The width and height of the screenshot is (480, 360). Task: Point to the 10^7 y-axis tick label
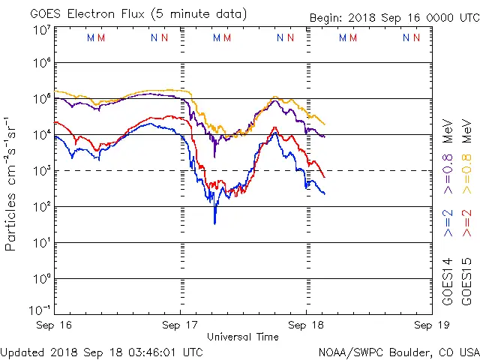pos(40,30)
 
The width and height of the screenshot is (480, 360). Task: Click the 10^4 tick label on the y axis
pos(40,134)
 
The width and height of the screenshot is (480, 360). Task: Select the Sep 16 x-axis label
pos(55,325)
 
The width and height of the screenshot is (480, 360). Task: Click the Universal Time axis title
pos(242,337)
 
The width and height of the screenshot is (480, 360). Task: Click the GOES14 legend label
pos(447,283)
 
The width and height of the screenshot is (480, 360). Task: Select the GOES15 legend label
pos(467,283)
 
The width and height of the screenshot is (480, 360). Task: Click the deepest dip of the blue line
pos(214,223)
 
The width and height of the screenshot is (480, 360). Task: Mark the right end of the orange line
pos(324,124)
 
